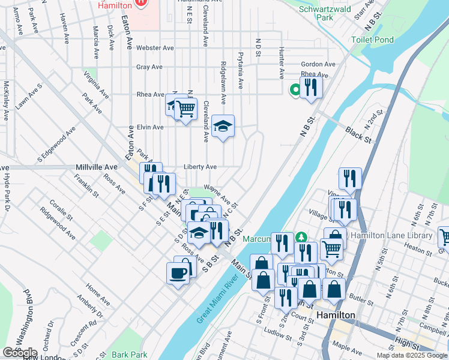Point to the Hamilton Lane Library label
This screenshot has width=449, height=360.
click(x=391, y=235)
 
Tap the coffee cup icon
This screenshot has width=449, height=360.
click(x=177, y=272)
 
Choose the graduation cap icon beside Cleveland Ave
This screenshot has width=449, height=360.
click(x=223, y=125)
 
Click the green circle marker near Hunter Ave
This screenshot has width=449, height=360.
click(x=295, y=90)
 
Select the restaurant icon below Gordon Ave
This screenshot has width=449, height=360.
click(x=311, y=87)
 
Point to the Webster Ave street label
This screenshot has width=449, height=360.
click(x=155, y=48)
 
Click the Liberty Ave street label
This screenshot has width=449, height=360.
click(x=200, y=167)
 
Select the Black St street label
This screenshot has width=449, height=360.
click(x=359, y=134)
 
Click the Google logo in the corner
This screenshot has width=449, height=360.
click(x=19, y=353)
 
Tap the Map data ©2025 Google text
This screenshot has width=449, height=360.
click(x=411, y=355)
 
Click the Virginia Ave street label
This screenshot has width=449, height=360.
click(x=97, y=85)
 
